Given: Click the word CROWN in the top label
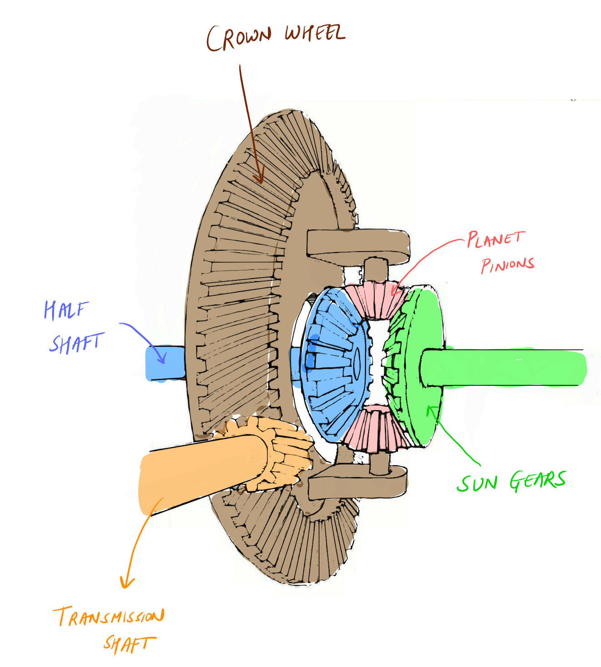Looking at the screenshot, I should pos(239,37).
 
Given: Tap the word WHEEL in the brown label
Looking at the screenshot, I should pos(315,33).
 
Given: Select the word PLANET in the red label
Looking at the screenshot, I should pos(496,239).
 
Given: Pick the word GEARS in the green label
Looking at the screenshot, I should pos(537,481).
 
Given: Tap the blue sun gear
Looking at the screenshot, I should pos(334,363).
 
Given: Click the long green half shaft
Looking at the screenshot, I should pos(505,368).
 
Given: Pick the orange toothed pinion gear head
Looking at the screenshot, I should pos(282,454).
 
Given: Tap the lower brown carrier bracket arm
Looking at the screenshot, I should pos(357,484).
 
